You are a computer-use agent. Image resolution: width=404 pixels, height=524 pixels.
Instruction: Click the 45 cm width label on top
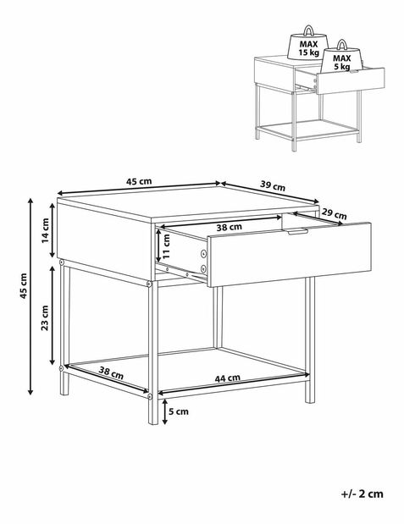139,181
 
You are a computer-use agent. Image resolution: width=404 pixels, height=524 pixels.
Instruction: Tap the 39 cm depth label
273,185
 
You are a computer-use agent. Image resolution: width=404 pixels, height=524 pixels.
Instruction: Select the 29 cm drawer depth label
334,213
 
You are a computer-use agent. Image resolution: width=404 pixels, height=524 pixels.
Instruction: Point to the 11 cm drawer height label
167,246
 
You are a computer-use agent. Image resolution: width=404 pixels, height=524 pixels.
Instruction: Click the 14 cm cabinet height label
46,230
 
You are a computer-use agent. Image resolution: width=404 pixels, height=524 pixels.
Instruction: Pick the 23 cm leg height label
45,317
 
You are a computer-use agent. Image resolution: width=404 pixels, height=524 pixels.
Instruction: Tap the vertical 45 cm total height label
24,286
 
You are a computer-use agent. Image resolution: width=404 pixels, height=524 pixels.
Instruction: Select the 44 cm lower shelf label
228,378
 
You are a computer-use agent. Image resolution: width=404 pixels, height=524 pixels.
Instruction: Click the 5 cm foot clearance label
179,411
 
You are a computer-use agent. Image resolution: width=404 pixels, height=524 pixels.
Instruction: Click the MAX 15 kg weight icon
308,44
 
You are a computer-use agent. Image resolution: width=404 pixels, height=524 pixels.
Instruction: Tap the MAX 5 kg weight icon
342,58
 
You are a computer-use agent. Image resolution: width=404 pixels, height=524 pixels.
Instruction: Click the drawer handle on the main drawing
297,231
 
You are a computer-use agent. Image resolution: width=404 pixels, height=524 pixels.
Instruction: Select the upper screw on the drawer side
203,254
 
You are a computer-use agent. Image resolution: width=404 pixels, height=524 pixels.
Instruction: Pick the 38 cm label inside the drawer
229,228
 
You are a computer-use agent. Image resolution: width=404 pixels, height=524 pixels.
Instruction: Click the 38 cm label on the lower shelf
111,372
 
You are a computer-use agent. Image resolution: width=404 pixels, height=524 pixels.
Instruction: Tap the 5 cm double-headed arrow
164,412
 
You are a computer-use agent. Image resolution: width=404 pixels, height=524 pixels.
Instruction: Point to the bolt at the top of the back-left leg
62,263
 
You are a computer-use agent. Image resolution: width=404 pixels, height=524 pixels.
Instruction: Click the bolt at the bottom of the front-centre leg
149,397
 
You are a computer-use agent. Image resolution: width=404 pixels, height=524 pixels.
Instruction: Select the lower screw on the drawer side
203,268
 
